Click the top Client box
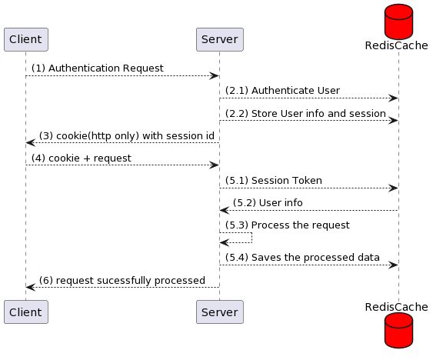click(x=26, y=39)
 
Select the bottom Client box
click(x=26, y=312)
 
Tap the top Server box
click(x=220, y=39)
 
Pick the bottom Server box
click(x=220, y=312)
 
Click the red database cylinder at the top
click(x=398, y=22)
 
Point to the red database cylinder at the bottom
click(x=398, y=331)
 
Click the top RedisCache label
click(x=397, y=45)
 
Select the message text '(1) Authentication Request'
click(x=98, y=68)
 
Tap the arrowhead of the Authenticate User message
click(x=393, y=98)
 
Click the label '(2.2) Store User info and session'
click(x=305, y=113)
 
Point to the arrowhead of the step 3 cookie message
click(x=31, y=143)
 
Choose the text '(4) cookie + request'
click(x=82, y=158)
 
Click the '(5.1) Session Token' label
click(x=274, y=181)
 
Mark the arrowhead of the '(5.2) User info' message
click(x=225, y=211)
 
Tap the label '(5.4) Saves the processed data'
click(x=302, y=257)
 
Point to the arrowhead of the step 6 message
click(x=31, y=288)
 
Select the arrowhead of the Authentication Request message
click(x=214, y=75)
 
